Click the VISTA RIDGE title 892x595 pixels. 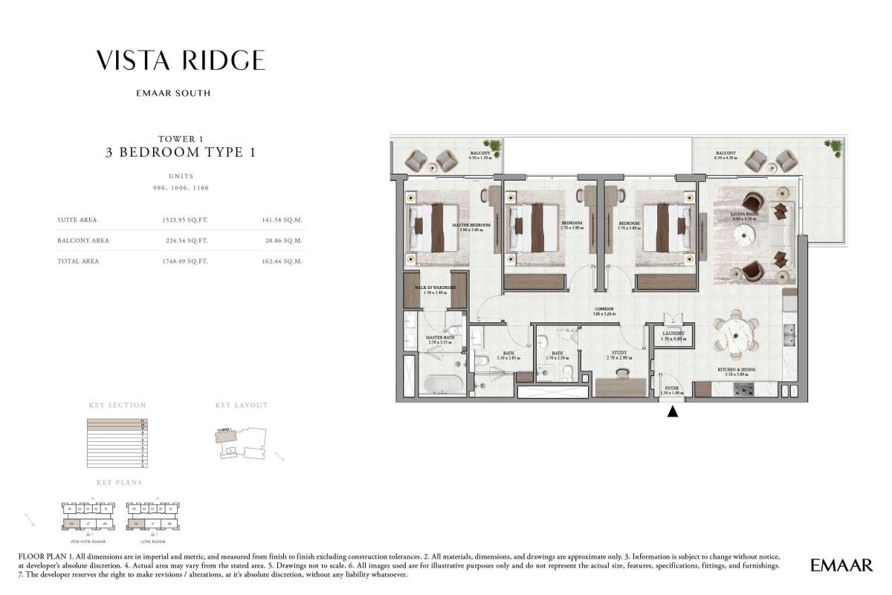[x=181, y=60]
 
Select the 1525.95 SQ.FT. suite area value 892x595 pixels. [x=187, y=220]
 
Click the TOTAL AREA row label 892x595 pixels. [x=78, y=261]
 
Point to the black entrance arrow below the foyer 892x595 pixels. [x=673, y=411]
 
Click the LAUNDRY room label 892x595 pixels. [x=673, y=334]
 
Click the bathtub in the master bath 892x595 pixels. [x=444, y=386]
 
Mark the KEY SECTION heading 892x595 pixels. [x=117, y=406]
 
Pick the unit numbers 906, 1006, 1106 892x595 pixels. [x=181, y=189]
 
